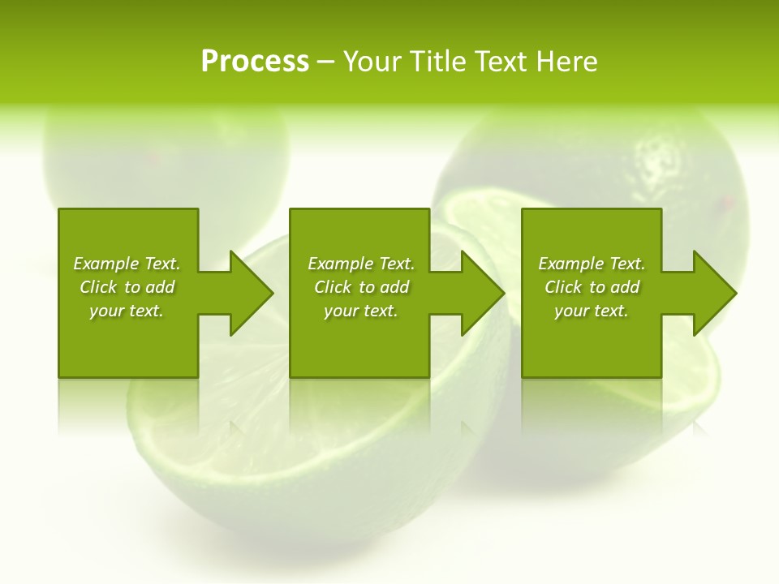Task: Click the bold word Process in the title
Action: tap(255, 62)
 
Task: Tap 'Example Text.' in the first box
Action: tap(127, 264)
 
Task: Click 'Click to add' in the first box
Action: tap(127, 287)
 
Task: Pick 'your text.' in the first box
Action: tap(127, 311)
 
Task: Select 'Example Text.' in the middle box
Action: tap(361, 264)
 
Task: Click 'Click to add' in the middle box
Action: tap(361, 287)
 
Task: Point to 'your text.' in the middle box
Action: tap(361, 311)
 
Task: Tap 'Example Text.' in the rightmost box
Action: tap(592, 264)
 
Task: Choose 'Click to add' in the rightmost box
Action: tap(592, 287)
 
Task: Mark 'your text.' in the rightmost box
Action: tap(592, 311)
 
